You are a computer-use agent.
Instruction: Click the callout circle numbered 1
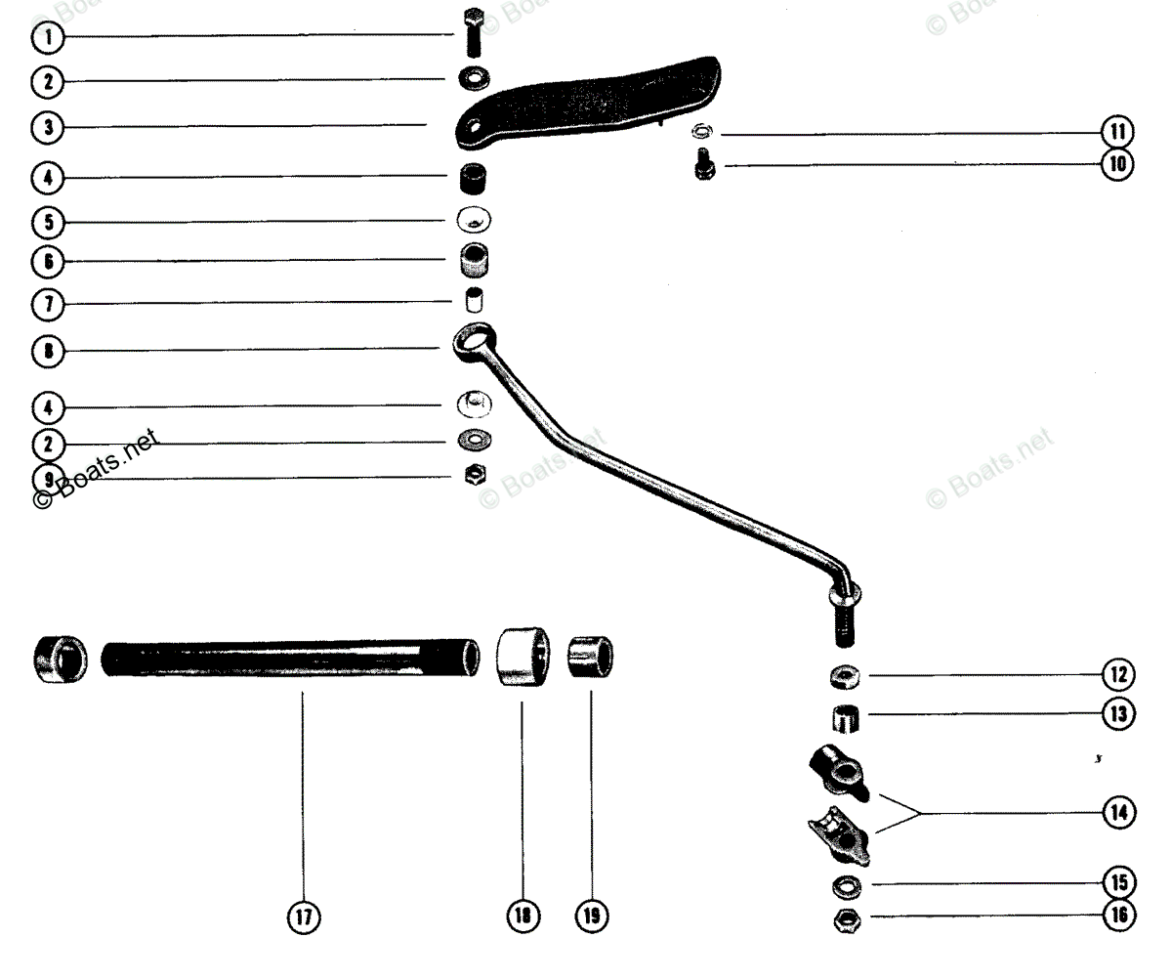[x=46, y=38]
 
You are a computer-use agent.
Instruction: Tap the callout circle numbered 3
[x=46, y=127]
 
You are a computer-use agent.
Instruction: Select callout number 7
[x=46, y=305]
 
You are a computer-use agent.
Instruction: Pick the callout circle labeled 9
[x=46, y=479]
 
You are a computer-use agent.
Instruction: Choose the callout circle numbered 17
[x=303, y=916]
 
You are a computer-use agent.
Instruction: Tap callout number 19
[x=592, y=916]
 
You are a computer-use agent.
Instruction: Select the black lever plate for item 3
[x=596, y=98]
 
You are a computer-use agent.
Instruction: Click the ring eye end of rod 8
[x=473, y=339]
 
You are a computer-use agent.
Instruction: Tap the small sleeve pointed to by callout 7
[x=474, y=297]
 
